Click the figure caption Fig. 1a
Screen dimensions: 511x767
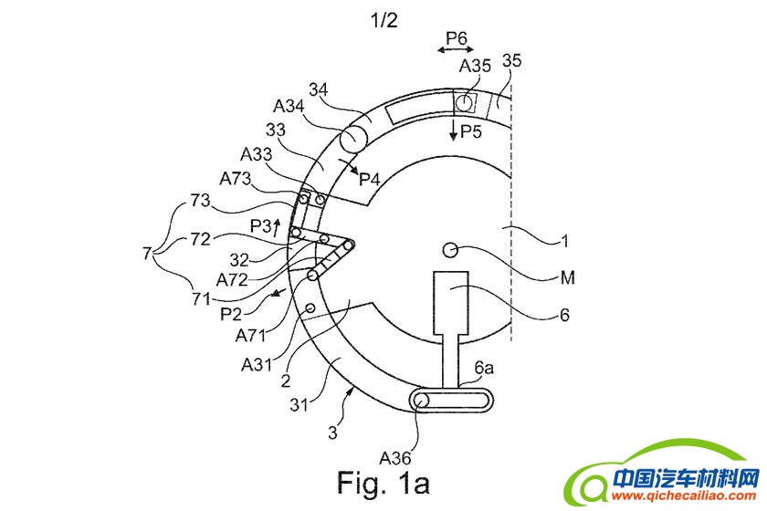pyautogui.click(x=383, y=478)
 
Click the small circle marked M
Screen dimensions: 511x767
pyautogui.click(x=451, y=249)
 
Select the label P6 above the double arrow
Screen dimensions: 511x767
pyautogui.click(x=456, y=37)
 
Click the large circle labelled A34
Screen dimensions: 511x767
pyautogui.click(x=352, y=139)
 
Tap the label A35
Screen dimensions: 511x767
pyautogui.click(x=475, y=66)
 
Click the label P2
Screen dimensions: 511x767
pyautogui.click(x=233, y=313)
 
